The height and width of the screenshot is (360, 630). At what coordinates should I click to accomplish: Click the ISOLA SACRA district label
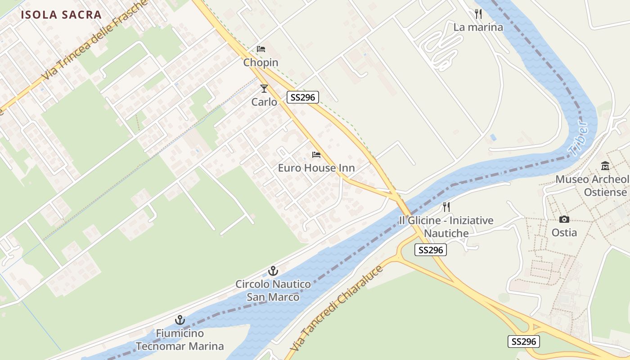pyautogui.click(x=61, y=14)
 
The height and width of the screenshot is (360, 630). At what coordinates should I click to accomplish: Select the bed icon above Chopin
pyautogui.click(x=261, y=49)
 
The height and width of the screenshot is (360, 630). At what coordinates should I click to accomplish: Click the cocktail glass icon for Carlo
pyautogui.click(x=264, y=89)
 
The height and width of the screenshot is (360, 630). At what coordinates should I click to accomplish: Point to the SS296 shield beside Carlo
pyautogui.click(x=303, y=97)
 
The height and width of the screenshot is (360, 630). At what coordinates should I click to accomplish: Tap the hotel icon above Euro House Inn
pyautogui.click(x=316, y=155)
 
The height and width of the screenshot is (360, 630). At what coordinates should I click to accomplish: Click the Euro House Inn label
pyautogui.click(x=316, y=168)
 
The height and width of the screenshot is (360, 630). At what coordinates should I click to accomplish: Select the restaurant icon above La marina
pyautogui.click(x=478, y=14)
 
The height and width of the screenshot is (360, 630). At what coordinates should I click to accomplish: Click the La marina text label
pyautogui.click(x=478, y=27)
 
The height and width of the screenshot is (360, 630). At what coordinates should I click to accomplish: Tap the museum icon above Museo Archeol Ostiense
pyautogui.click(x=605, y=166)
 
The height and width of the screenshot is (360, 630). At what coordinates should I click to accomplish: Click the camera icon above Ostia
pyautogui.click(x=564, y=219)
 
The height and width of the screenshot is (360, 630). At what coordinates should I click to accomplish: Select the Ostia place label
pyautogui.click(x=564, y=232)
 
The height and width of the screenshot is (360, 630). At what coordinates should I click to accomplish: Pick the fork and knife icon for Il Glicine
pyautogui.click(x=446, y=207)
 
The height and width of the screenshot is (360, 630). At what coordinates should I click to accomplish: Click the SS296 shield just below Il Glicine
pyautogui.click(x=431, y=250)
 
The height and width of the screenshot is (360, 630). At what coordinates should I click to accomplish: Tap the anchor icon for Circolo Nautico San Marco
pyautogui.click(x=273, y=271)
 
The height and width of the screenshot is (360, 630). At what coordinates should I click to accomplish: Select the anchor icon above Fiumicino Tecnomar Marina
pyautogui.click(x=180, y=320)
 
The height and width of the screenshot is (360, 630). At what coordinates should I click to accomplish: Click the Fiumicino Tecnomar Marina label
pyautogui.click(x=180, y=340)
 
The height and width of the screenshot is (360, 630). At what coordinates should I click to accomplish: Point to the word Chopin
pyautogui.click(x=261, y=63)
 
